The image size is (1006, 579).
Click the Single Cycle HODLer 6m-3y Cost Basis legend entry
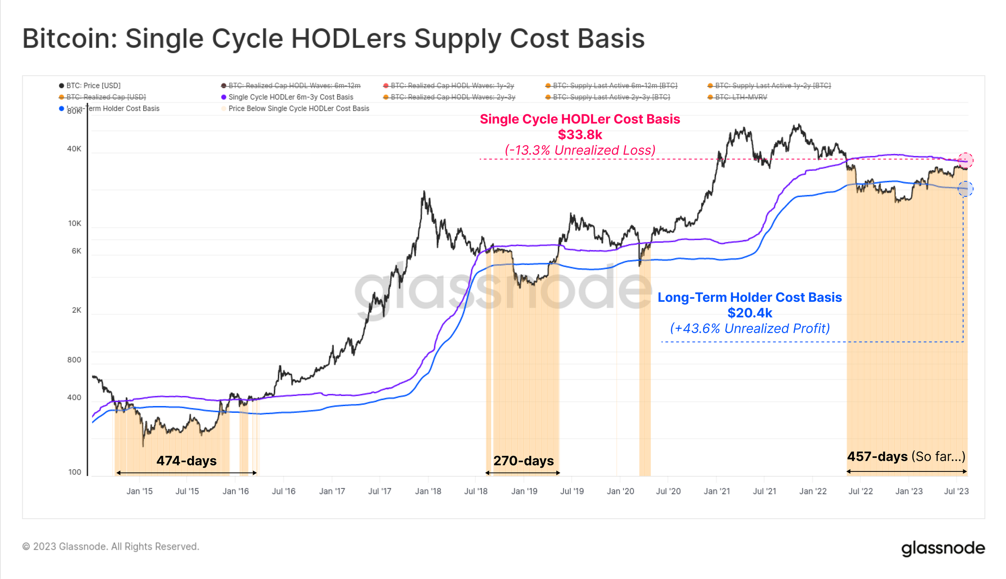click(x=290, y=97)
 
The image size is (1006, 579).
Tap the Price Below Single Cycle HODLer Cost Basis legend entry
click(x=298, y=108)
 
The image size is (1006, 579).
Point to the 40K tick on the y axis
click(x=74, y=149)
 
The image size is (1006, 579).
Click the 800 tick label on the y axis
click(x=74, y=360)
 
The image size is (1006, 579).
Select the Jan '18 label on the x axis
click(x=428, y=491)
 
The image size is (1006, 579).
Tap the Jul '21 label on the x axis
click(x=764, y=491)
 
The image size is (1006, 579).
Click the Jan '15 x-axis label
click(x=140, y=491)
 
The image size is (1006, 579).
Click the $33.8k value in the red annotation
click(x=580, y=135)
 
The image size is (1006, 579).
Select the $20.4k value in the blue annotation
click(x=749, y=313)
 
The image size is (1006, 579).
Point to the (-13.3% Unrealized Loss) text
click(x=580, y=150)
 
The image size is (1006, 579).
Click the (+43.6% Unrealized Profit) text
click(x=749, y=329)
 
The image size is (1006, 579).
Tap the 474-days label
click(x=187, y=461)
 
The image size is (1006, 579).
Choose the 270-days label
click(x=524, y=461)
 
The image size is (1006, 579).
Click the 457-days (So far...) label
click(x=906, y=456)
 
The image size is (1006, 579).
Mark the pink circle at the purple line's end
click(x=965, y=160)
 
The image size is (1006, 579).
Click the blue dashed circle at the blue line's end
click(x=965, y=189)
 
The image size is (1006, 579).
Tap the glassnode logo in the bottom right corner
click(x=943, y=548)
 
